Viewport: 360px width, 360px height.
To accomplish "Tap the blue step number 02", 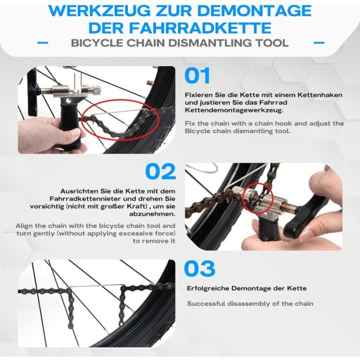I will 160,172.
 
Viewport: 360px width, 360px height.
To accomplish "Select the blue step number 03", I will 200,268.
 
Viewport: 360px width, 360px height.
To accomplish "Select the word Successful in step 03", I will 208,304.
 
